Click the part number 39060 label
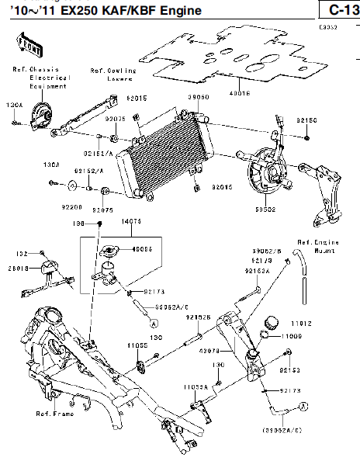click(x=198, y=99)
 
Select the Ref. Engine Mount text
click(x=317, y=247)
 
